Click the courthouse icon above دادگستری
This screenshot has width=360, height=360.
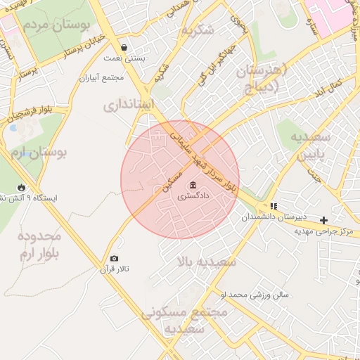tap(193, 186)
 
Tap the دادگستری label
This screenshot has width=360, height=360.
tap(193, 198)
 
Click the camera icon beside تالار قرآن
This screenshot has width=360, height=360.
tap(115, 259)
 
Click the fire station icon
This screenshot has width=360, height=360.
tap(22, 187)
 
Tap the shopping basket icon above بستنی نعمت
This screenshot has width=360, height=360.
tap(124, 48)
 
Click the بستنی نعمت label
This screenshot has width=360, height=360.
tap(124, 58)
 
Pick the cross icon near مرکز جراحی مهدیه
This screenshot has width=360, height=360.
tap(323, 220)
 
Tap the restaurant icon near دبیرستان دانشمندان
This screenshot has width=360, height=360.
tap(273, 206)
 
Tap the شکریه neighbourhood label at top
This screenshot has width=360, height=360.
tap(196, 31)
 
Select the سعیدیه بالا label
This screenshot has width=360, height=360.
tap(207, 262)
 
